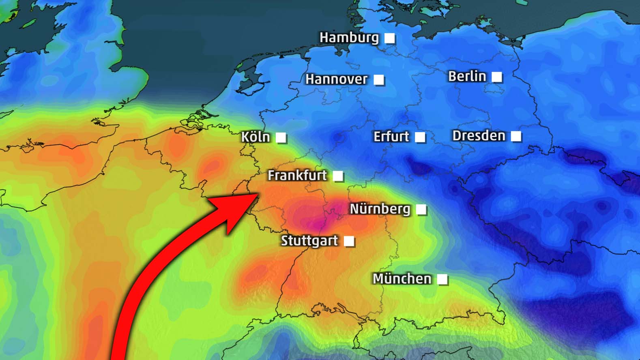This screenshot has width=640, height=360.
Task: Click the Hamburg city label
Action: coord(349,38)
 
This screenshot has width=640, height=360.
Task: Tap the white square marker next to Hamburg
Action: coord(389,38)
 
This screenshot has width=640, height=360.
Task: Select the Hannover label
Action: coord(336,79)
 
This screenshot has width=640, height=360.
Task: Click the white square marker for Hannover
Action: coord(379,80)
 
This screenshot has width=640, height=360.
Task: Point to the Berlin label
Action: coord(467,76)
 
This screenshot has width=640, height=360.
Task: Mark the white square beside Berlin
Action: coord(496,77)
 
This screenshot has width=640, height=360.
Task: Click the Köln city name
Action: coord(256,137)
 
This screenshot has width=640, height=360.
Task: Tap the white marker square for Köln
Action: coord(281,137)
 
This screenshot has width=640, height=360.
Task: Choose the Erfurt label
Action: coord(391,137)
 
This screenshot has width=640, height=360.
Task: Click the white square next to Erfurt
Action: coord(420,137)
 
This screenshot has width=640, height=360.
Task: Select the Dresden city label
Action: coord(479,136)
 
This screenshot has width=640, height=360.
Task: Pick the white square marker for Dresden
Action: coord(516,136)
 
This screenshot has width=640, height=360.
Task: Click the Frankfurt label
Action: coord(297,176)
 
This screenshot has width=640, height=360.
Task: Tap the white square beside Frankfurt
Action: coord(337,176)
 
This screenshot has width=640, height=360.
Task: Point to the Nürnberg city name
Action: coord(380,209)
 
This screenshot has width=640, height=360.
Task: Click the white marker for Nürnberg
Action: coord(421,210)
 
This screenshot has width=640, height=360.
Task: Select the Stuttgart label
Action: coord(309,241)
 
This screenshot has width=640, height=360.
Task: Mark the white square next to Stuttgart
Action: coord(349,241)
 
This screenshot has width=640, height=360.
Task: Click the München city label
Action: coord(402,279)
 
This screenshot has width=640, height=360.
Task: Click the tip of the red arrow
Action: coord(258,195)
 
